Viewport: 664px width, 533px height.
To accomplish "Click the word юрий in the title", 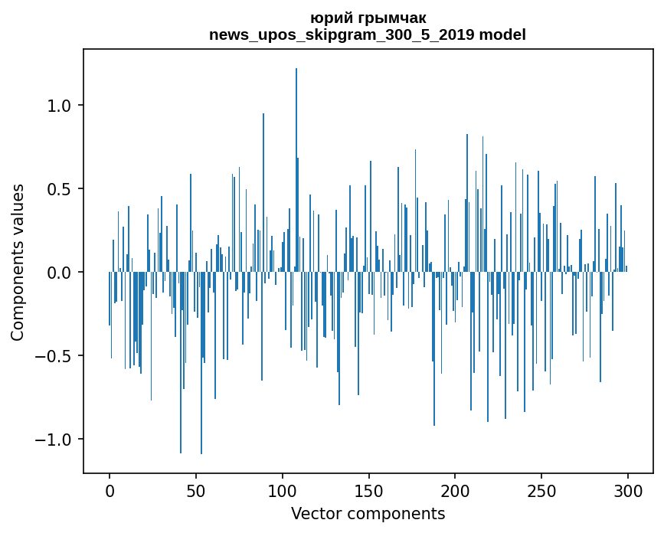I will (x=328, y=18).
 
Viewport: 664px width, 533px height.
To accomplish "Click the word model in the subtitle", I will (x=502, y=34).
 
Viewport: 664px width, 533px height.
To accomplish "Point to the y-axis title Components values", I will (x=18, y=262).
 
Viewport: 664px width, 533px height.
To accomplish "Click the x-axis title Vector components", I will (x=368, y=513).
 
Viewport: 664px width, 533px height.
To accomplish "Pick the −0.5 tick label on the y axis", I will (x=56, y=356).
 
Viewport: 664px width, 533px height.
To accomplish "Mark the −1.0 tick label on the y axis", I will (x=56, y=440).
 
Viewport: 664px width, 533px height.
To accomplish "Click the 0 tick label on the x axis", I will (x=110, y=490).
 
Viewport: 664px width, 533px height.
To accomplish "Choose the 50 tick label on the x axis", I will (x=196, y=490).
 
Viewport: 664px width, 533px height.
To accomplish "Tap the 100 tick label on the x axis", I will (x=283, y=490).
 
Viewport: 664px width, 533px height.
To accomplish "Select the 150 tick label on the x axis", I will (x=369, y=490).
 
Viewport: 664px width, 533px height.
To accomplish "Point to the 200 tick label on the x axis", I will (x=455, y=490).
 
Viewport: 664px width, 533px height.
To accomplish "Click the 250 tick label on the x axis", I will (x=541, y=490).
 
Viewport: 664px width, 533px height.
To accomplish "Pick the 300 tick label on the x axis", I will (x=628, y=490).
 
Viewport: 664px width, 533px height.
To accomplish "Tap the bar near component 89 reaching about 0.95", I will (x=263, y=191).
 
